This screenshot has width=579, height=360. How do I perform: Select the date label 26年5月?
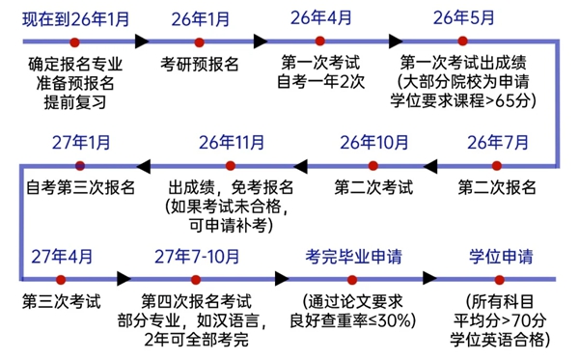[x=462, y=16]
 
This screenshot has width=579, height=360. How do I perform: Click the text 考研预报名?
[x=200, y=65]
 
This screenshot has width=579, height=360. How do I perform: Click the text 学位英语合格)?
[x=501, y=339]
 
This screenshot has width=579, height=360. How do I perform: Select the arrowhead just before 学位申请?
[x=430, y=278]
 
